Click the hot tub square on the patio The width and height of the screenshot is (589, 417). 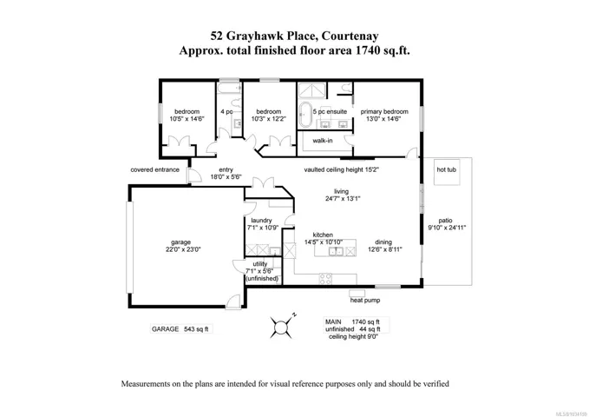click(447, 172)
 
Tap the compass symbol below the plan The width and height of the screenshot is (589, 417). click(281, 327)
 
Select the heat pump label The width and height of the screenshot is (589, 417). click(364, 300)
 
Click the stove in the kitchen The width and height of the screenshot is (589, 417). click(325, 279)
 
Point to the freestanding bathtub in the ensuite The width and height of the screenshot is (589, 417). click(304, 115)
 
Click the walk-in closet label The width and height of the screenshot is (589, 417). click(323, 141)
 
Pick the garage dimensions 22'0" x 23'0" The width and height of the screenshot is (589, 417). click(180, 249)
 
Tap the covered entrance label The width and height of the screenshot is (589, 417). click(154, 169)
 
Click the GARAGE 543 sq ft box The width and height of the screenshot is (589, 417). click(181, 329)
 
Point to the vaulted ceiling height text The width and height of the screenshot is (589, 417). click(342, 169)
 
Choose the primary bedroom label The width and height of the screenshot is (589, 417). click(384, 111)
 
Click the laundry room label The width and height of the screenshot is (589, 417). click(261, 221)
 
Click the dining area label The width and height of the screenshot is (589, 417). click(383, 242)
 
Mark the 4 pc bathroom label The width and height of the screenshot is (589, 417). click(226, 112)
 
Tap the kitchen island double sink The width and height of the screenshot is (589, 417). click(336, 251)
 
